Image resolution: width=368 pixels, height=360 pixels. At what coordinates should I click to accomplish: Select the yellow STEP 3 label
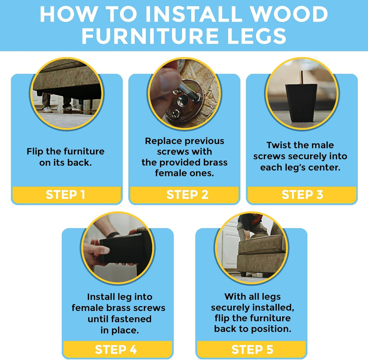(x=302, y=195)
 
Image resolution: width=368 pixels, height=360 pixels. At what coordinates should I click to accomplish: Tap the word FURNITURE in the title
(x=150, y=36)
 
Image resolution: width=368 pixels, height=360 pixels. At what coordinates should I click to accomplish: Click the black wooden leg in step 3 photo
(x=302, y=103)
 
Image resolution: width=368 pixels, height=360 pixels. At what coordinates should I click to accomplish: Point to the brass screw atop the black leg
(x=301, y=77)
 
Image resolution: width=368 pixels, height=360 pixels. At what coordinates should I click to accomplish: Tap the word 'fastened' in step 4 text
(x=131, y=319)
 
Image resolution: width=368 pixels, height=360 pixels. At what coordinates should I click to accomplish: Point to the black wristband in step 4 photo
(x=113, y=234)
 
